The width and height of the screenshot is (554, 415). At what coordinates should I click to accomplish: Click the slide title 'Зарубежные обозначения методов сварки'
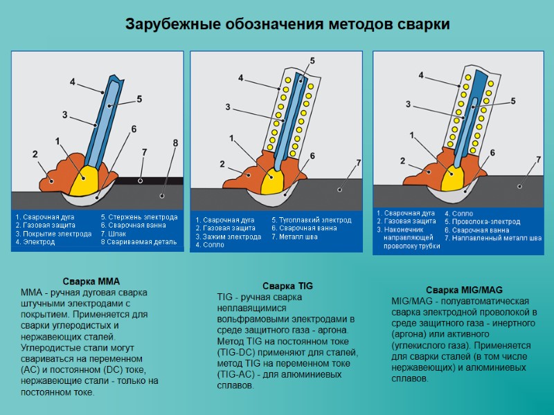(x=287, y=24)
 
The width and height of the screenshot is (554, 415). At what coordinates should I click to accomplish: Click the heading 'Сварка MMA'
(x=91, y=282)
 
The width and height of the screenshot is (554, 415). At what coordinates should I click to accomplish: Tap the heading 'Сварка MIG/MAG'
(x=463, y=289)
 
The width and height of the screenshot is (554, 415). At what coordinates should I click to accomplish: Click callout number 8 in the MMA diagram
(x=175, y=143)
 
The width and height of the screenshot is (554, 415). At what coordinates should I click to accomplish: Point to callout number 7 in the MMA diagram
(x=144, y=151)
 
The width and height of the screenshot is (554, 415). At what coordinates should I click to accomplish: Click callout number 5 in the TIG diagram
(x=312, y=62)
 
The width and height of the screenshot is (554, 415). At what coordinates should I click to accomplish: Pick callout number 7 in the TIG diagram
(x=358, y=163)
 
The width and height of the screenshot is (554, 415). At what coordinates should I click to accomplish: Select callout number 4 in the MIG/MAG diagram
(x=423, y=73)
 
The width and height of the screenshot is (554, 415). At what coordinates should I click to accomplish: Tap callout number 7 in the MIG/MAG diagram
(x=538, y=160)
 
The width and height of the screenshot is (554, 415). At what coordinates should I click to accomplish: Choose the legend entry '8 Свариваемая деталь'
(x=138, y=242)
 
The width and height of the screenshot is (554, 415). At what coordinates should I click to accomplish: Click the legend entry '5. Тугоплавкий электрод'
(x=311, y=220)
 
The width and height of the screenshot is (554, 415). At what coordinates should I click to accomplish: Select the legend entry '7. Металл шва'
(x=295, y=237)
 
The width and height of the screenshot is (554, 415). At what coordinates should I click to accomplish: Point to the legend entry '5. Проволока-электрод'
(x=482, y=221)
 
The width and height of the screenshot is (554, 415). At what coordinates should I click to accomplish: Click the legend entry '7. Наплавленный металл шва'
(x=493, y=238)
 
